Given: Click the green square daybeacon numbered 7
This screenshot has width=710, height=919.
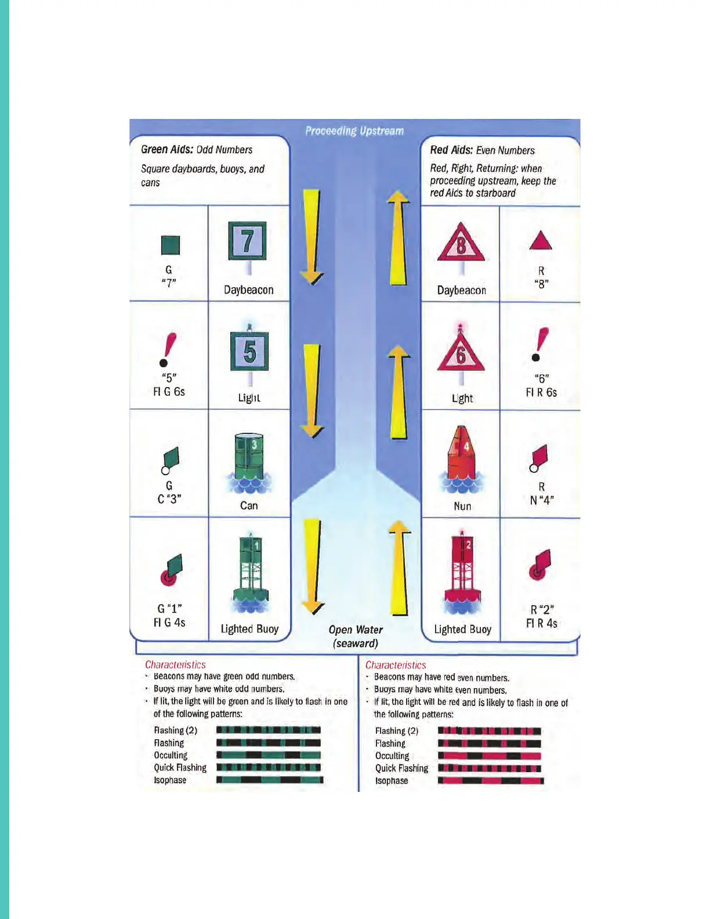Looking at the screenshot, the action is [248, 241].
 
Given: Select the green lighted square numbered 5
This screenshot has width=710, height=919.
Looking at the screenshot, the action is [249, 352].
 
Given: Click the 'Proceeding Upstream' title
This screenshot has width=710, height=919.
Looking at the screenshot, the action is [354, 131].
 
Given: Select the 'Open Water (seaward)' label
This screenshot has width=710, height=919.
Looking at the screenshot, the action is [356, 636].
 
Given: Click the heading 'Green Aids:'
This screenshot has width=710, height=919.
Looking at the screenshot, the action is [167, 149].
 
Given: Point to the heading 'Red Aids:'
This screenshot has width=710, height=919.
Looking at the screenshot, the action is [451, 150].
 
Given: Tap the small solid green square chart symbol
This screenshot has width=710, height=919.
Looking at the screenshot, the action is [170, 245].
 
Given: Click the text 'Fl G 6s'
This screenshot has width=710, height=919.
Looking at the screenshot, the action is [169, 392].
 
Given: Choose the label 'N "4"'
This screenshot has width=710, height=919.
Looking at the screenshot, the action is [542, 500].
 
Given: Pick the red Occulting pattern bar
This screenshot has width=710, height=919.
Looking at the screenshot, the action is [489, 756].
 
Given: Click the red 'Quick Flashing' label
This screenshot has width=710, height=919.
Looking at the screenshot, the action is [401, 768].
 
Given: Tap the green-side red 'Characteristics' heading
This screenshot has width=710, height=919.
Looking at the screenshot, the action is [175, 665].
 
